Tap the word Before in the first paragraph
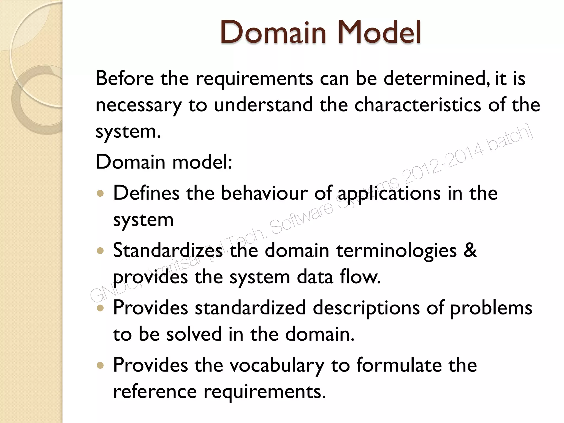(124, 78)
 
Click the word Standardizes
(168, 250)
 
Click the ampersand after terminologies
(470, 250)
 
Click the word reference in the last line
(155, 392)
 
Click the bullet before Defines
(101, 193)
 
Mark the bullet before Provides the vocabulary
(101, 365)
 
